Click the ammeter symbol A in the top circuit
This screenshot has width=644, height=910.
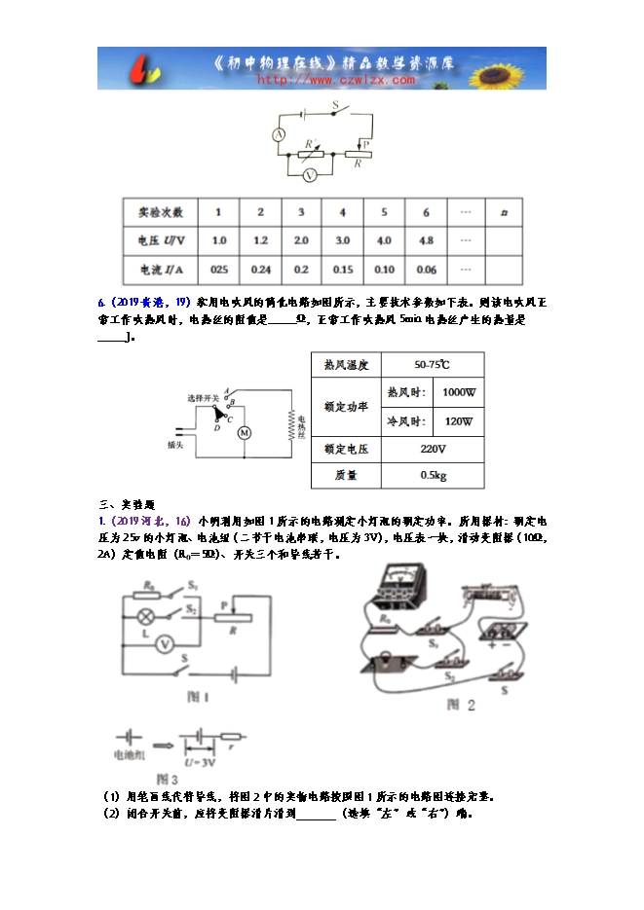(278, 135)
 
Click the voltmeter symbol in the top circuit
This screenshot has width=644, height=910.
(309, 175)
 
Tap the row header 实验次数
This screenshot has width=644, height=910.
(160, 212)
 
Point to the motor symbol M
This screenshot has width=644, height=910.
(245, 432)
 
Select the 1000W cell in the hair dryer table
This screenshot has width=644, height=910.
(457, 392)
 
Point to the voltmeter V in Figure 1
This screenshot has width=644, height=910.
(166, 643)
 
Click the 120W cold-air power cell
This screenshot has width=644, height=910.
(457, 421)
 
